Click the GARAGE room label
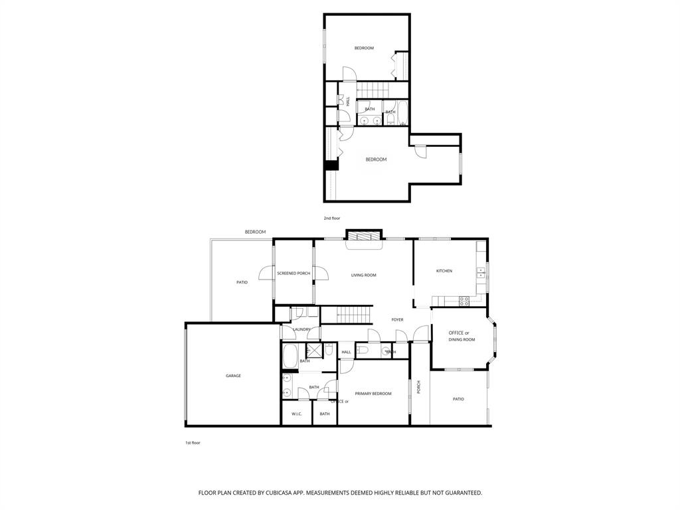(233, 376)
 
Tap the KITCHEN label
(444, 271)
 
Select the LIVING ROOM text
(364, 275)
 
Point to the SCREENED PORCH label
(294, 274)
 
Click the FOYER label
(397, 320)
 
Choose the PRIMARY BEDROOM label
(373, 394)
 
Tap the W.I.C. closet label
(297, 414)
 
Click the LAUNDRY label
(302, 329)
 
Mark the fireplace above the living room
(364, 236)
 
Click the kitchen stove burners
(466, 299)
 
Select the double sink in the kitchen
(481, 272)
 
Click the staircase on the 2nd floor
(373, 89)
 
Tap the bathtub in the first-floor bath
(290, 357)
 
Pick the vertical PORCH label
(418, 387)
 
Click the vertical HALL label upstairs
(347, 101)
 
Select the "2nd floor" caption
(332, 218)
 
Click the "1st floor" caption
(193, 443)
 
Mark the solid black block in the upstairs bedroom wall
(331, 166)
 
